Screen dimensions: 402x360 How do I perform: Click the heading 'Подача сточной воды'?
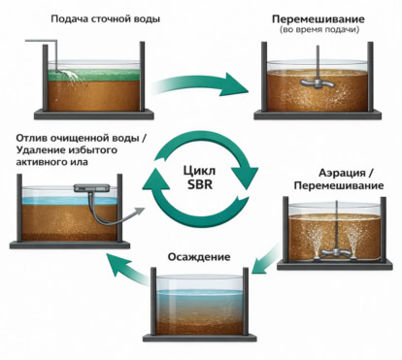(x=106, y=18)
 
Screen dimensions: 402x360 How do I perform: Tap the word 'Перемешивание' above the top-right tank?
(x=318, y=19)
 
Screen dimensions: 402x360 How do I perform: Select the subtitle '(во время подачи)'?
(x=319, y=30)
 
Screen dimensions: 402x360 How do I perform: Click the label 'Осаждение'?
(x=199, y=257)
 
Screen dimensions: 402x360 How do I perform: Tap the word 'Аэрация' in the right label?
(x=342, y=173)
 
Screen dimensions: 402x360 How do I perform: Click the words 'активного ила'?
(x=51, y=161)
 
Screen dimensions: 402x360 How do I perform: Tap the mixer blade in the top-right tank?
(x=318, y=82)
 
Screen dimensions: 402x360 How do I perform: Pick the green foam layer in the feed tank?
(x=94, y=75)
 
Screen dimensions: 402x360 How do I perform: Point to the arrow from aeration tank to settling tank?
(x=265, y=259)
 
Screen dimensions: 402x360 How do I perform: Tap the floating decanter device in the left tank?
(x=91, y=188)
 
